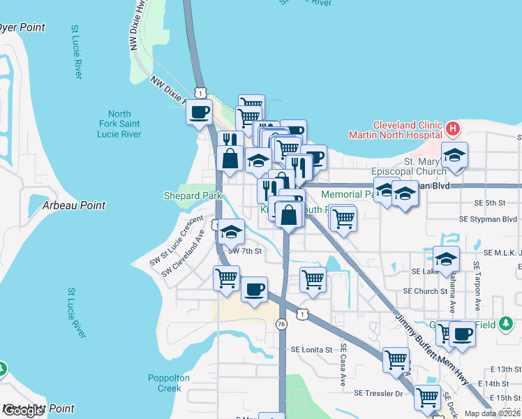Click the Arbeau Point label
[74, 205]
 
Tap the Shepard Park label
[193, 196]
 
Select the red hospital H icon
[453, 128]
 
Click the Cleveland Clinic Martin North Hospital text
[408, 129]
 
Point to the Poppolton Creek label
[169, 383]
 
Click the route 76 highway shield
[281, 324]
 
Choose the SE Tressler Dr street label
[379, 394]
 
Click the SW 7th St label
[244, 251]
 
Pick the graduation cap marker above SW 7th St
[232, 233]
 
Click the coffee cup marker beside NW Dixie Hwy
[200, 112]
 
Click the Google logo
[23, 411]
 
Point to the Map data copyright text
[493, 413]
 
